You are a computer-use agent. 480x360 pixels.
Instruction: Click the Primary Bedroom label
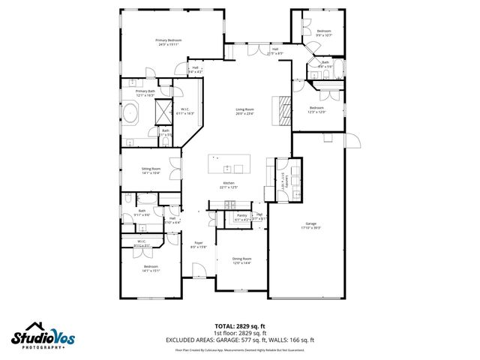pyautogui.click(x=169, y=42)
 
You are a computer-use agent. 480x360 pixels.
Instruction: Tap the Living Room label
pyautogui.click(x=244, y=112)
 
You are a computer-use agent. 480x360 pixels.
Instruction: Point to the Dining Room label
pyautogui.click(x=241, y=260)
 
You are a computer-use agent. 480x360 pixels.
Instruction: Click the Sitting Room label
pyautogui.click(x=151, y=171)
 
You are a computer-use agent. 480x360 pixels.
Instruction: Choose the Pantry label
pyautogui.click(x=241, y=217)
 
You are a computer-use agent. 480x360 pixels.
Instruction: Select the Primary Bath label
pyautogui.click(x=145, y=93)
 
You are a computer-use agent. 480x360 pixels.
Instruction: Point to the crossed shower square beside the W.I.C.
pyautogui.click(x=163, y=112)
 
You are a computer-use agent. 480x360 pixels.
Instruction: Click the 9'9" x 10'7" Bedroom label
pyautogui.click(x=323, y=32)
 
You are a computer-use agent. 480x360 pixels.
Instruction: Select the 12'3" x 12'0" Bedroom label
pyautogui.click(x=317, y=109)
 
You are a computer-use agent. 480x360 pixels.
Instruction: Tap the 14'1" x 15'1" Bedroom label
pyautogui.click(x=150, y=268)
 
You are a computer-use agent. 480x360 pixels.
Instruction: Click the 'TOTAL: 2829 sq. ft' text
pyautogui.click(x=240, y=325)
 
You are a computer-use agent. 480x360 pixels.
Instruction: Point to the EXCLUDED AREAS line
pyautogui.click(x=240, y=340)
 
